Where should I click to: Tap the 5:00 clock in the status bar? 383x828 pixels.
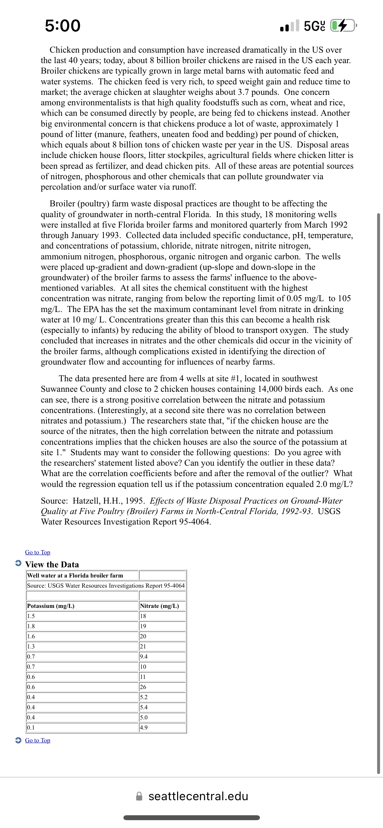[63, 26]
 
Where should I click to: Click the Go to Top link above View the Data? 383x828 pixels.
[38, 552]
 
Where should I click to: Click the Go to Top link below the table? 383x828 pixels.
[38, 740]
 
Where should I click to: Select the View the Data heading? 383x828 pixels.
[52, 564]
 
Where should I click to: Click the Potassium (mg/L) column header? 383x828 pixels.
[51, 606]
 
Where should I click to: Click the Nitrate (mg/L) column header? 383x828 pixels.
[159, 606]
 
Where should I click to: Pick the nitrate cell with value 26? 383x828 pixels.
[143, 687]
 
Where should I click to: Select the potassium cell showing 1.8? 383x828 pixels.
[31, 626]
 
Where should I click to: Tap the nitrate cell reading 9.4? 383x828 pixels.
[144, 657]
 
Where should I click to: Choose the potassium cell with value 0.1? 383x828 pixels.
[31, 728]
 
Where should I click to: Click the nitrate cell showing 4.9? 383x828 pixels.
[144, 728]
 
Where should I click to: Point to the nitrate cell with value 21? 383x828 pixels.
[143, 647]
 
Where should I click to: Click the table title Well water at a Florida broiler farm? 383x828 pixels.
[75, 576]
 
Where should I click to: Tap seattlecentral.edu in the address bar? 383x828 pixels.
[198, 796]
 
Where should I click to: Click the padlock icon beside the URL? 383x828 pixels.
[139, 796]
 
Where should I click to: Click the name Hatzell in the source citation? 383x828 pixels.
[86, 501]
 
